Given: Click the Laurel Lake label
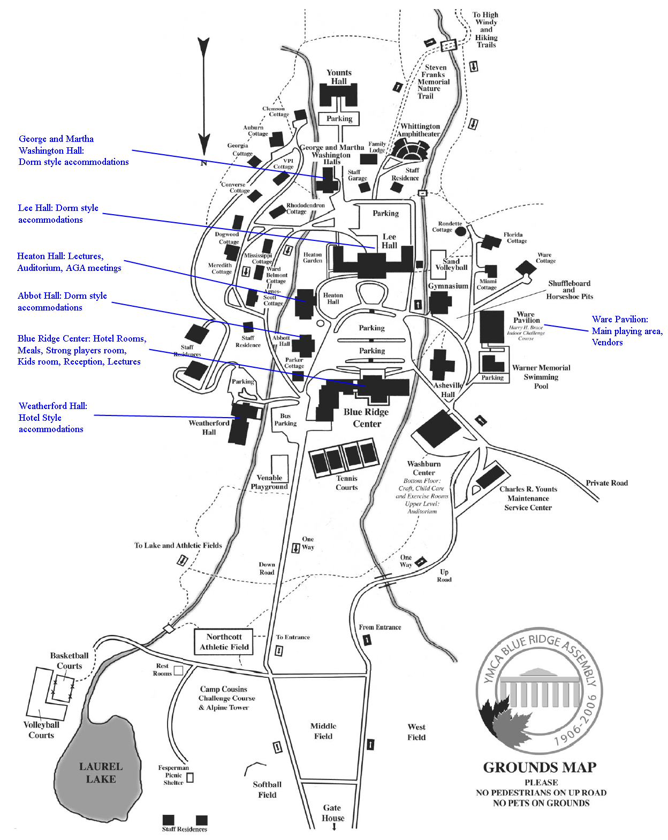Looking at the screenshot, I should pos(101,773).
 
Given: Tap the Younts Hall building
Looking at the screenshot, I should pos(338,95).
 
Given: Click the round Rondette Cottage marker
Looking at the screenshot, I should pos(460,231).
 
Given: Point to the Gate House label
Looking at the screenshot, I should pos(332,813).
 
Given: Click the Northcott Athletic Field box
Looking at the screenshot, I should pos(224,641).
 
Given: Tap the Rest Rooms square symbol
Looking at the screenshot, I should pos(179,670).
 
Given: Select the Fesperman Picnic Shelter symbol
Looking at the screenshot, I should pos(189,777).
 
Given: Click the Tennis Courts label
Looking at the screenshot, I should pos(346,483).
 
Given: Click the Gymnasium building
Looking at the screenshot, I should pos(440,303).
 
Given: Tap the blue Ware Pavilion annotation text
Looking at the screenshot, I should pos(626,331).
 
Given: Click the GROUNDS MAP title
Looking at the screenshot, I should pos(540,768).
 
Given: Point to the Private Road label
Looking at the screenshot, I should pos(606,483).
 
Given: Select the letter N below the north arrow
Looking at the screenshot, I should pos(203,163).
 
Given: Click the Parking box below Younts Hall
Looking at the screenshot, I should pos(339,118).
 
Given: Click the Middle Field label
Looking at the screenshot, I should pos(323,731).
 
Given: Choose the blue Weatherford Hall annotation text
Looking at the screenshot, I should pos(52,418).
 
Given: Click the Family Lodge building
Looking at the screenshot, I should pos(368,159).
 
